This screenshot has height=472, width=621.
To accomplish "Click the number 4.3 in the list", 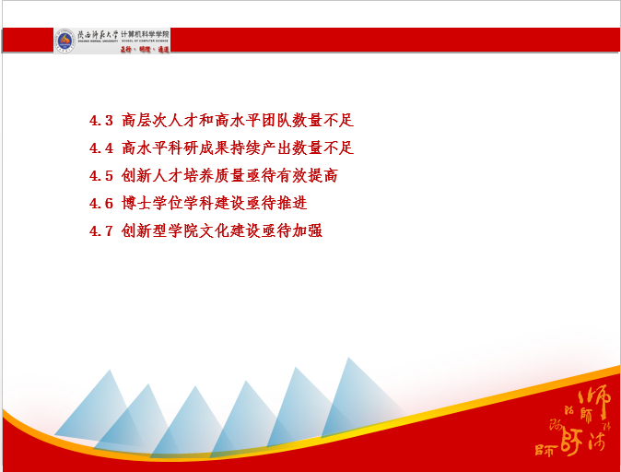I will (x=100, y=121).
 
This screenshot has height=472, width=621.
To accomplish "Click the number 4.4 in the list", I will (x=100, y=148).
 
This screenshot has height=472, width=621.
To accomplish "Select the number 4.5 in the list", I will (x=100, y=176).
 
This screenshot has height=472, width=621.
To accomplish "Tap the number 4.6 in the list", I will (x=100, y=204).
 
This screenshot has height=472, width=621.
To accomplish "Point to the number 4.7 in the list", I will (x=100, y=231).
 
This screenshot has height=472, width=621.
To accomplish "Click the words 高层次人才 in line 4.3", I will (x=158, y=121).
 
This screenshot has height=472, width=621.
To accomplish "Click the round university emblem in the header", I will (x=64, y=41).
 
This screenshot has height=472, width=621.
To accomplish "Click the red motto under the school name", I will (x=145, y=48).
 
